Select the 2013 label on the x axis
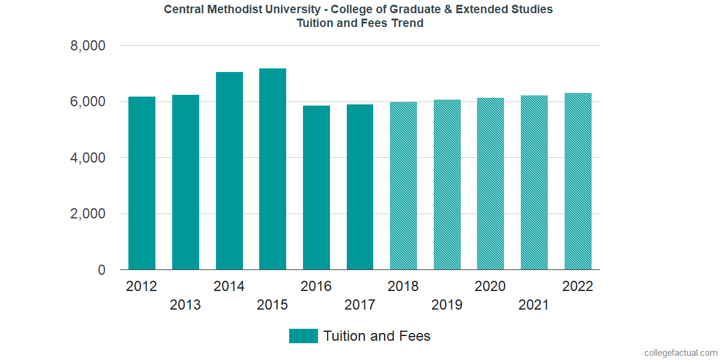pyautogui.click(x=185, y=305)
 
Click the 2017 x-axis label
pyautogui.click(x=360, y=305)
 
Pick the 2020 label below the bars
pyautogui.click(x=490, y=286)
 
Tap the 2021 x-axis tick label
pyautogui.click(x=533, y=305)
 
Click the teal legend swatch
pyautogui.click(x=303, y=336)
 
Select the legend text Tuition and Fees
pyautogui.click(x=377, y=336)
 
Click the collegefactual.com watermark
pyautogui.click(x=680, y=353)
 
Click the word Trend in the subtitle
pyautogui.click(x=407, y=23)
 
